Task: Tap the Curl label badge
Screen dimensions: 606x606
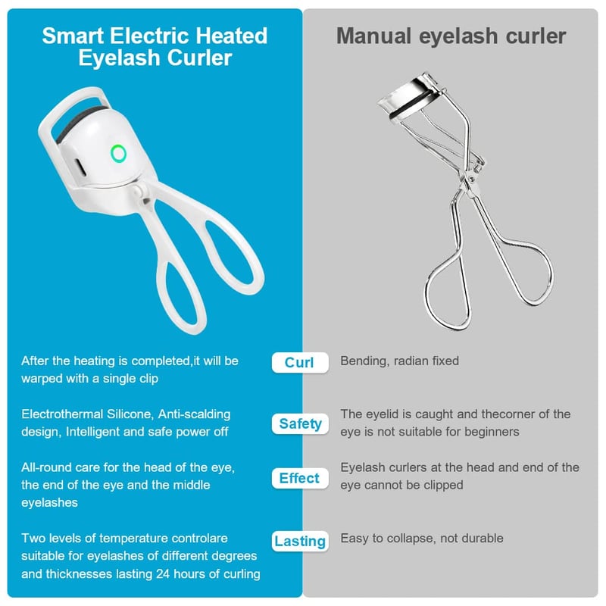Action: (x=300, y=363)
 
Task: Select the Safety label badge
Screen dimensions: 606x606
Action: (x=300, y=423)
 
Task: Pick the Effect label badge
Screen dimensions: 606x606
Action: (x=300, y=478)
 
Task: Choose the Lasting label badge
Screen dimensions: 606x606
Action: (x=300, y=541)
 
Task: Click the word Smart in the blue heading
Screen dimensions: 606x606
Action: (x=73, y=36)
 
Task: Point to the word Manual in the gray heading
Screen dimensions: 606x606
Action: (x=373, y=36)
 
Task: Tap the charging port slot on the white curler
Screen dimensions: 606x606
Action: (x=80, y=167)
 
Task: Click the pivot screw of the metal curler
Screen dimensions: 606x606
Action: (x=470, y=179)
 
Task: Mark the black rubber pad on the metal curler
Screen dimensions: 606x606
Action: (x=411, y=105)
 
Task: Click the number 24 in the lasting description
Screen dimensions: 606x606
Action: (x=163, y=573)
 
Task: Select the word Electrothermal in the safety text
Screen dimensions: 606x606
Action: (x=62, y=414)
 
